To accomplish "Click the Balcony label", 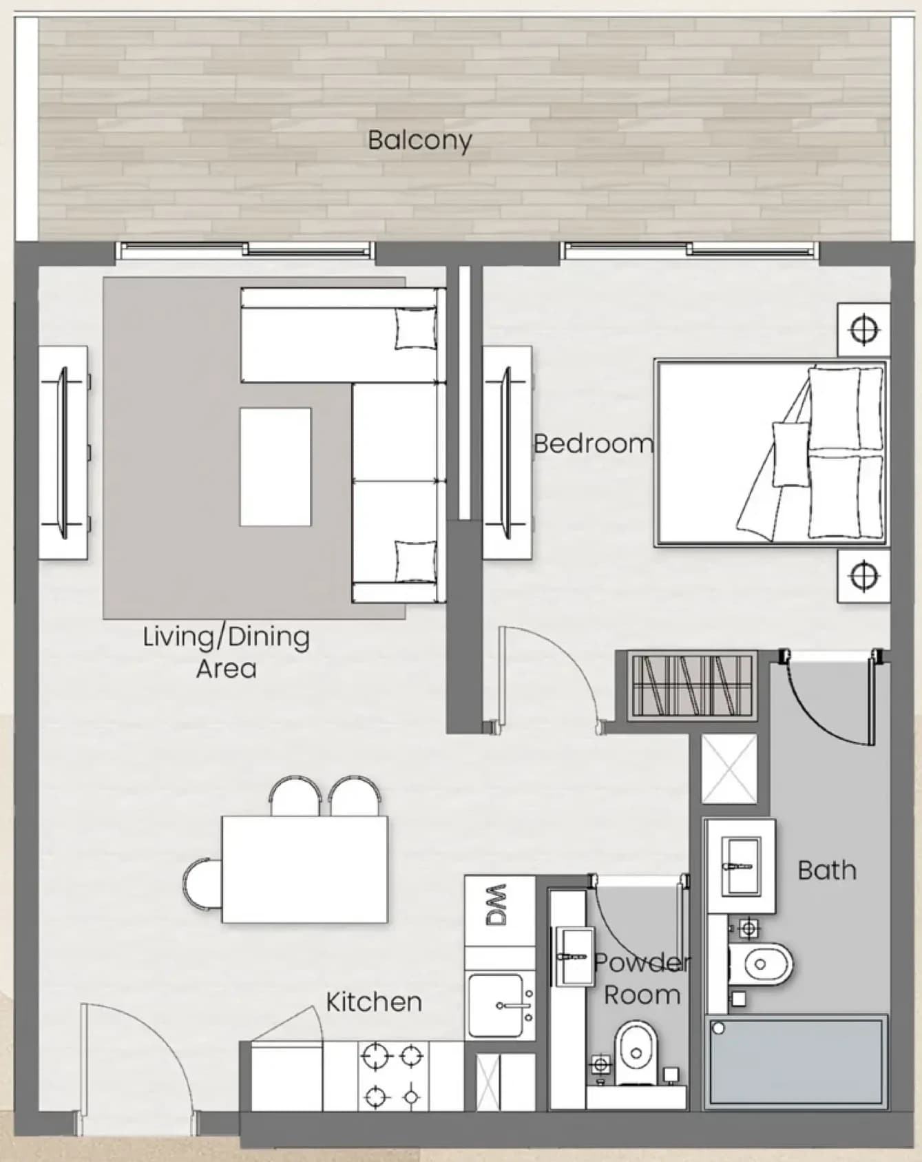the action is pyautogui.click(x=419, y=141).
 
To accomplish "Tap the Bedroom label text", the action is pyautogui.click(x=593, y=443).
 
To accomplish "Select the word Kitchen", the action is pyautogui.click(x=374, y=1002).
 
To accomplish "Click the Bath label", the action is pyautogui.click(x=827, y=870).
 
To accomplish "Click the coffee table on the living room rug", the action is pyautogui.click(x=275, y=467).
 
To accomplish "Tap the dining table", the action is pyautogui.click(x=304, y=869).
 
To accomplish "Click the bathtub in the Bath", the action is pyautogui.click(x=796, y=1061).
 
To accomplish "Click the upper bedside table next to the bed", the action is pyautogui.click(x=863, y=329).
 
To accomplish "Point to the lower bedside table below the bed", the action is pyautogui.click(x=863, y=576).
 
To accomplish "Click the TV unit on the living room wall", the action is pyautogui.click(x=63, y=453).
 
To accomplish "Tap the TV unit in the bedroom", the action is pyautogui.click(x=507, y=453).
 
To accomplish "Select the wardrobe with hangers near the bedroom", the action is pyautogui.click(x=692, y=685).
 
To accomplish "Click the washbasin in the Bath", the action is pyautogui.click(x=741, y=865).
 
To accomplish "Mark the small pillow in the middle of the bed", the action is pyautogui.click(x=790, y=454).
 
